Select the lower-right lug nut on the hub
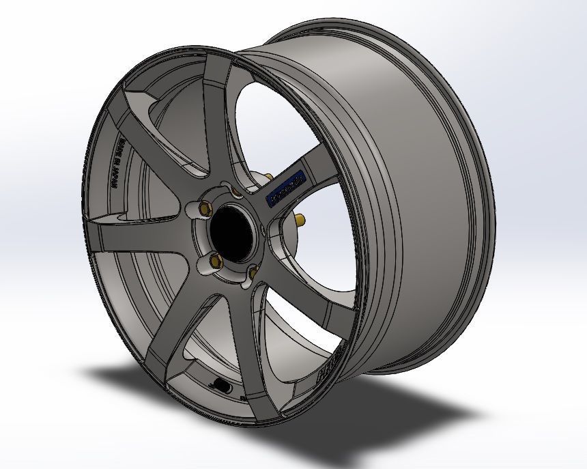(x=252, y=272)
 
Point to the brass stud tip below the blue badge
(x=300, y=219)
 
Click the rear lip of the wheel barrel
(x=471, y=137)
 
